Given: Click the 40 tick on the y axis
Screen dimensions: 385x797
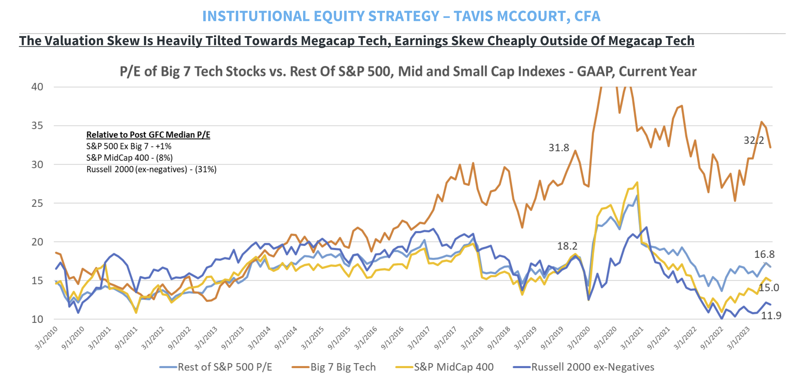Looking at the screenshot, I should [x=37, y=87].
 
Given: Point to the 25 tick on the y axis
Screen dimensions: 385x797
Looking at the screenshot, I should [x=37, y=203].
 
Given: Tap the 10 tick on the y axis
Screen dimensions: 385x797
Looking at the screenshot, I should [x=37, y=319].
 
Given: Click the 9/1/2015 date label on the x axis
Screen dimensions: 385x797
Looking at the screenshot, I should [x=339, y=338].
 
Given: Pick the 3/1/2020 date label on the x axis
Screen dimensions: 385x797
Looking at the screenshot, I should [x=579, y=338].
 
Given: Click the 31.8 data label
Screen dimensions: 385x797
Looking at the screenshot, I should [x=559, y=148].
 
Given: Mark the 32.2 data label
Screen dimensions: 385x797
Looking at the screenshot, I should [x=754, y=140].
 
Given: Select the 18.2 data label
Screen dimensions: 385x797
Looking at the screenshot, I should [x=567, y=246].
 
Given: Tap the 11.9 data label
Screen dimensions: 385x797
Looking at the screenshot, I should [x=771, y=316].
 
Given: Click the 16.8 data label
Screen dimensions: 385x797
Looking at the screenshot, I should [x=764, y=254].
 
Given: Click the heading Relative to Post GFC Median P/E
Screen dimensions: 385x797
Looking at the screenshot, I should [x=148, y=135].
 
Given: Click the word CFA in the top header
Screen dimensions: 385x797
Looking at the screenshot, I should [x=587, y=16].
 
